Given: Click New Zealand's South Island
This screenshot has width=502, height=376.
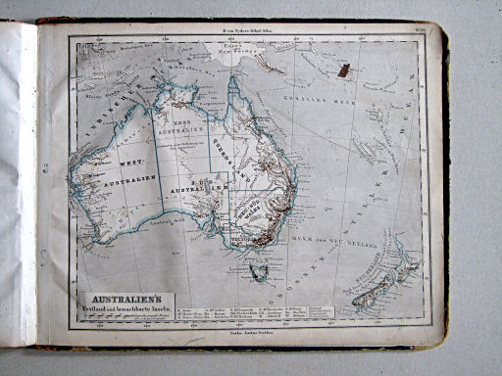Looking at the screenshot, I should [374, 293].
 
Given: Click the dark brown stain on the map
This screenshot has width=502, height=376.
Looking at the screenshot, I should [343, 70].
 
